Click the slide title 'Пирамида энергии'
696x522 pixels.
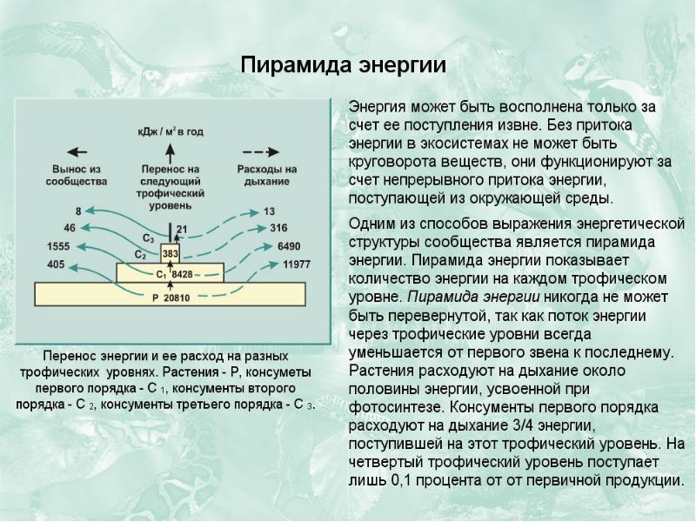343,66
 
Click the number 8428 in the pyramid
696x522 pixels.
182,274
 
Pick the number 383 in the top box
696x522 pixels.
171,253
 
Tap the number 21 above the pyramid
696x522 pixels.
181,230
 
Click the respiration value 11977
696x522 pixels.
296,263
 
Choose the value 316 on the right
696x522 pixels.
278,228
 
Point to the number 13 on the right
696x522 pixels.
269,211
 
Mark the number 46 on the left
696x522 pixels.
70,228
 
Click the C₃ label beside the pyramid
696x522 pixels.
148,238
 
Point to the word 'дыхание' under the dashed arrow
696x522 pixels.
266,181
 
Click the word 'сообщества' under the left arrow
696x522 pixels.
78,181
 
